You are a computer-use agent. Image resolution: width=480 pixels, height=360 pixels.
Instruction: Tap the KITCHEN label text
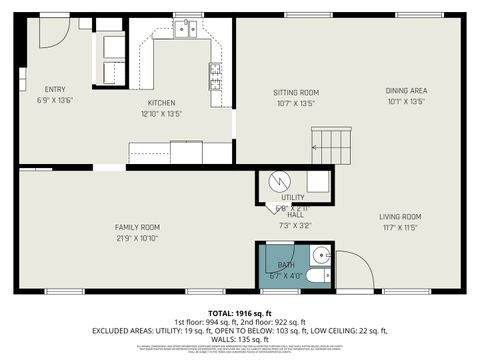[x=162, y=102]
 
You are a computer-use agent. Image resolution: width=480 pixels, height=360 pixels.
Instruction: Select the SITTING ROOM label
[x=295, y=92]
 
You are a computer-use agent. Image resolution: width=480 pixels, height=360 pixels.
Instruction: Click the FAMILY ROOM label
[x=137, y=227]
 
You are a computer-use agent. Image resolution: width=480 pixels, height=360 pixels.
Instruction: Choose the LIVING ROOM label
[x=399, y=216]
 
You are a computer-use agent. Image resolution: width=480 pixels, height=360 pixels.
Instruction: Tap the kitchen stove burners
[x=215, y=76]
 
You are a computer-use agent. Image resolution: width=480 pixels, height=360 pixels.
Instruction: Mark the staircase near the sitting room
[x=331, y=145]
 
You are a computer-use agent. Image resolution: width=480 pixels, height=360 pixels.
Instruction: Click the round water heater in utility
[x=279, y=181]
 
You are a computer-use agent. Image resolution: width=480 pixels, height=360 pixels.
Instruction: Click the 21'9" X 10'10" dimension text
[x=137, y=238]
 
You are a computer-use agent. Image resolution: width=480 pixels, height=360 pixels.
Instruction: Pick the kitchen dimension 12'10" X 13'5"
[x=162, y=113]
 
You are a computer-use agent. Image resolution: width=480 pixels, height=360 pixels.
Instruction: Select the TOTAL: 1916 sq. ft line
[x=240, y=312]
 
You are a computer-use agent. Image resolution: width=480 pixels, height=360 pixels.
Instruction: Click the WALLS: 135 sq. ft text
[x=240, y=339]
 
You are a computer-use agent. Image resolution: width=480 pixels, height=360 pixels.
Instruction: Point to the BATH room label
[x=287, y=265]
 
